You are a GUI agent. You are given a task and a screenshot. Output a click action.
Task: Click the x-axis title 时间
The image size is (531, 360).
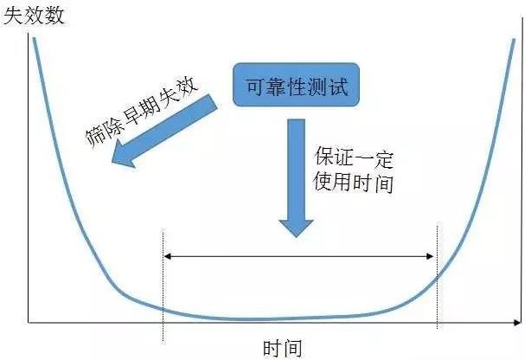click(x=282, y=348)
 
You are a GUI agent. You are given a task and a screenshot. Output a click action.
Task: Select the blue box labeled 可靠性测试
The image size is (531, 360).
click(x=294, y=86)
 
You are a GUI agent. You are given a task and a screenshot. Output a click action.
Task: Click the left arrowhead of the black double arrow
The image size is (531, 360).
click(x=168, y=255)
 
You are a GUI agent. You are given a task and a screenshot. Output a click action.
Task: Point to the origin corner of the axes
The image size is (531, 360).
click(x=30, y=323)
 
